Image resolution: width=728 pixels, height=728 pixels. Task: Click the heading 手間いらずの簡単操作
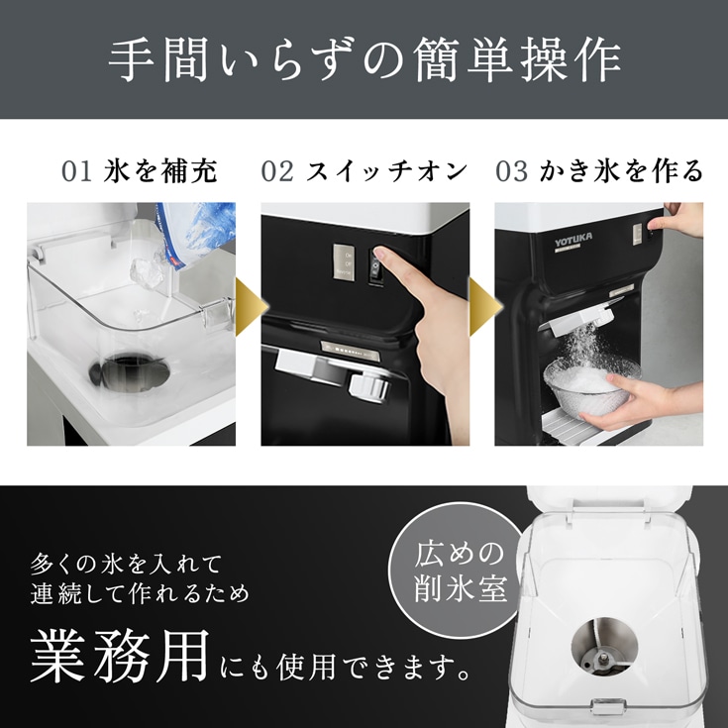point(364,60)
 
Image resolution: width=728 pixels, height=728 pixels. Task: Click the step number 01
point(76,171)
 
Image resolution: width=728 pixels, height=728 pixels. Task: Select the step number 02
point(277,171)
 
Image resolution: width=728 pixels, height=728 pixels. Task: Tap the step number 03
point(512,171)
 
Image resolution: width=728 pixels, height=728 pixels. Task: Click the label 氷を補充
point(160,171)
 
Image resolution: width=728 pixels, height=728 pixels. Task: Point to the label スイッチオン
point(386,171)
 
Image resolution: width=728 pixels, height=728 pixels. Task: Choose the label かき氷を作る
point(621,171)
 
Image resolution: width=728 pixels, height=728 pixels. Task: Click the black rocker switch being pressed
point(375,265)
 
